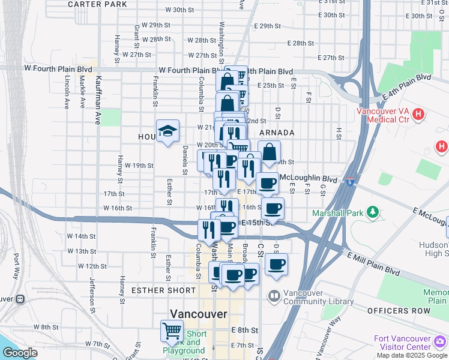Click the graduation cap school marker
point(167,131)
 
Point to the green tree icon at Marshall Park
point(373,212)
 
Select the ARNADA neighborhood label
point(277,133)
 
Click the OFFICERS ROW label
point(396,310)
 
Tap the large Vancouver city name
point(199,314)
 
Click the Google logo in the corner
point(20,353)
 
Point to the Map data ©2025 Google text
point(411,355)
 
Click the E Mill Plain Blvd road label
point(374,263)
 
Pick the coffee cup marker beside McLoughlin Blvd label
point(267,184)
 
